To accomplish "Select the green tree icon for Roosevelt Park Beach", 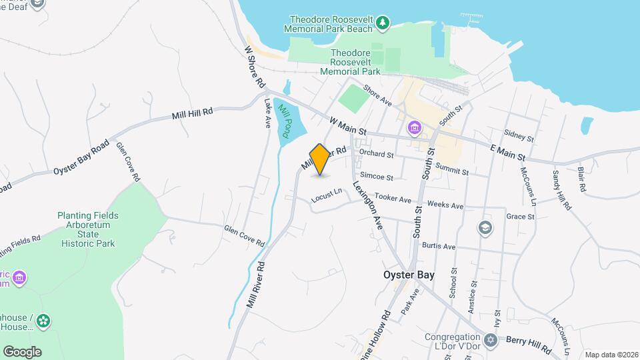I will [x=383, y=24].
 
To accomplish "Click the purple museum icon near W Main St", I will [x=414, y=127].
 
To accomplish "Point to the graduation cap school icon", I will [x=485, y=229].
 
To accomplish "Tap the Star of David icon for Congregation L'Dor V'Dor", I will [x=491, y=341].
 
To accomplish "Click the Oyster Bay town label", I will [x=409, y=274].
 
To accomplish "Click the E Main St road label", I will [x=508, y=153].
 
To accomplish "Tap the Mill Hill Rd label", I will [x=192, y=113].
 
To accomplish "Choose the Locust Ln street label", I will [x=326, y=195].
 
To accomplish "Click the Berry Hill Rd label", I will [x=528, y=344].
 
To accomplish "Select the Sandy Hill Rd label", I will [x=561, y=190].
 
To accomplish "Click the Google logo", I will [x=22, y=352].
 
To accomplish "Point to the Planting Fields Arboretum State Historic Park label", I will [x=87, y=229].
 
